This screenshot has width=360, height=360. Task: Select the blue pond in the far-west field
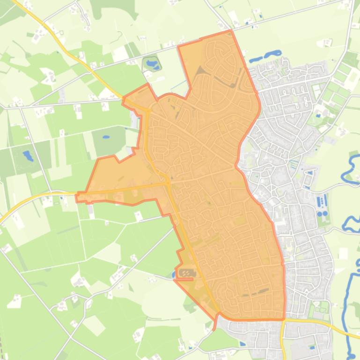pyautogui.click(x=28, y=155)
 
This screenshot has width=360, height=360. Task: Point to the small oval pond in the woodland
pyautogui.click(x=106, y=138)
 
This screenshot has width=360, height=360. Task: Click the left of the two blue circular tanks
pyautogui.click(x=320, y=214)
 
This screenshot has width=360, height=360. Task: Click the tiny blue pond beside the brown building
pyautogui.click(x=174, y=275)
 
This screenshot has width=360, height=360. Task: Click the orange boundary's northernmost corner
pyautogui.click(x=230, y=31)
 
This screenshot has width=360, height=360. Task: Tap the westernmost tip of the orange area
pyautogui.click(x=77, y=197)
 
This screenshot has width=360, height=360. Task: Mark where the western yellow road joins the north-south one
pyautogui.click(x=168, y=183)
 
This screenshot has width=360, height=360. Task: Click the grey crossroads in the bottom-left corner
pyautogui.click(x=70, y=337)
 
